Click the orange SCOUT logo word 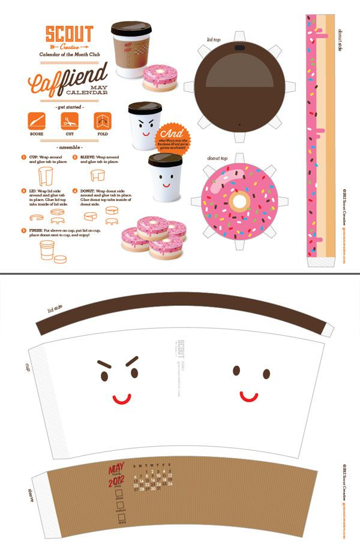(70, 33)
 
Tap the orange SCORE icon (37, 123)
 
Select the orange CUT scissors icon (67, 123)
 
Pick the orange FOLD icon (100, 123)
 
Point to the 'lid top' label (214, 40)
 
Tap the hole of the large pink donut (239, 200)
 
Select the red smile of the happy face (249, 396)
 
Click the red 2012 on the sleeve (116, 481)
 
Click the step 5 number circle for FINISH (23, 230)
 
